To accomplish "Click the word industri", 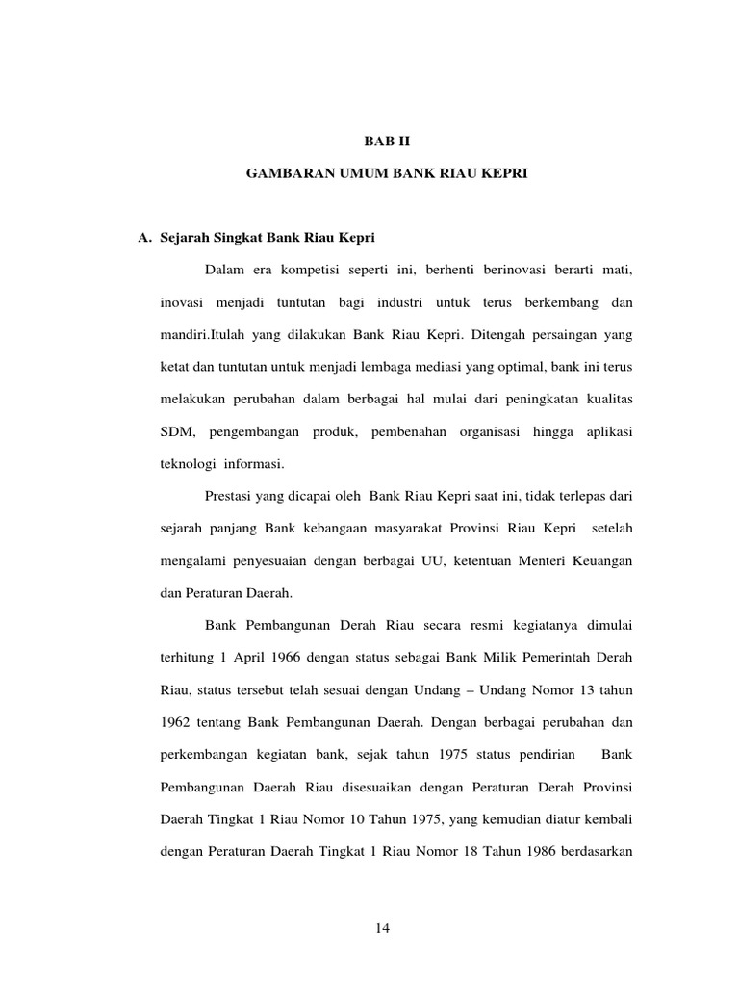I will (x=400, y=303).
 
